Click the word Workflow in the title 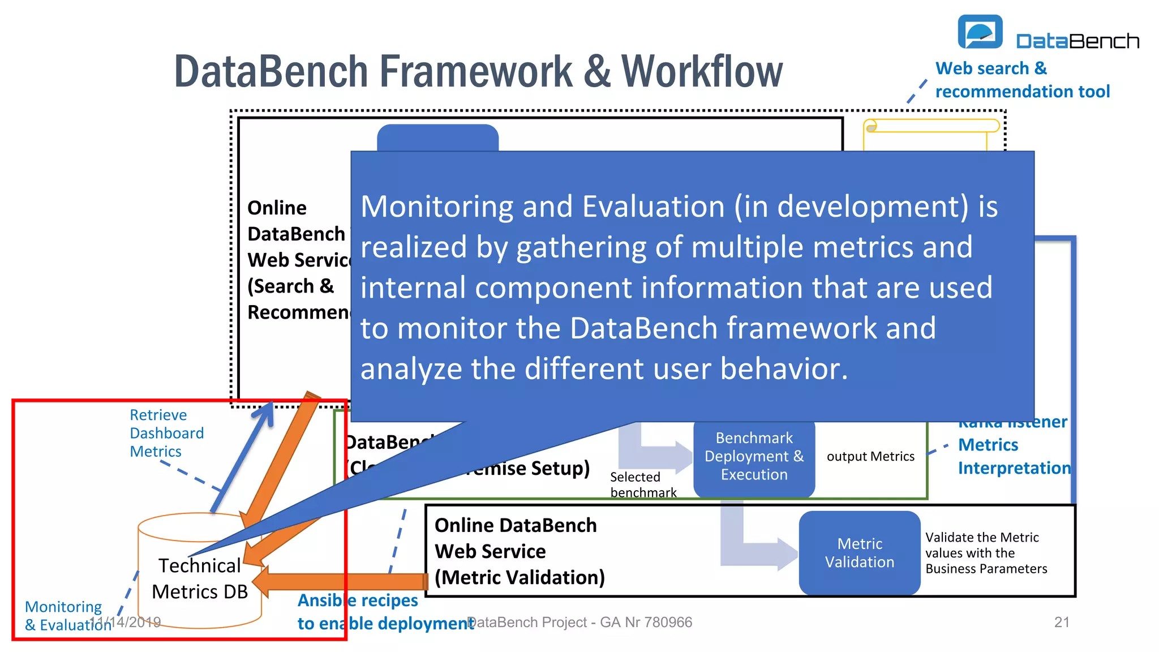point(702,72)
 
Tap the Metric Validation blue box point(859,553)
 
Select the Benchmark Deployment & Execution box point(754,456)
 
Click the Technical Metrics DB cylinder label point(200,578)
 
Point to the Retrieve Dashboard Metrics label point(166,433)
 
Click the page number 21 point(1062,622)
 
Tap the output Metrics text point(870,456)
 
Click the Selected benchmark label point(642,484)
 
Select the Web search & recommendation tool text point(1021,80)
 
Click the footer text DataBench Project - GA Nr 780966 point(579,622)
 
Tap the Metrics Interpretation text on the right point(1013,456)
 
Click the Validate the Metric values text point(985,553)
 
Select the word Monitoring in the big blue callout point(436,207)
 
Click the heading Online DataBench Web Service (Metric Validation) point(519,551)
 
